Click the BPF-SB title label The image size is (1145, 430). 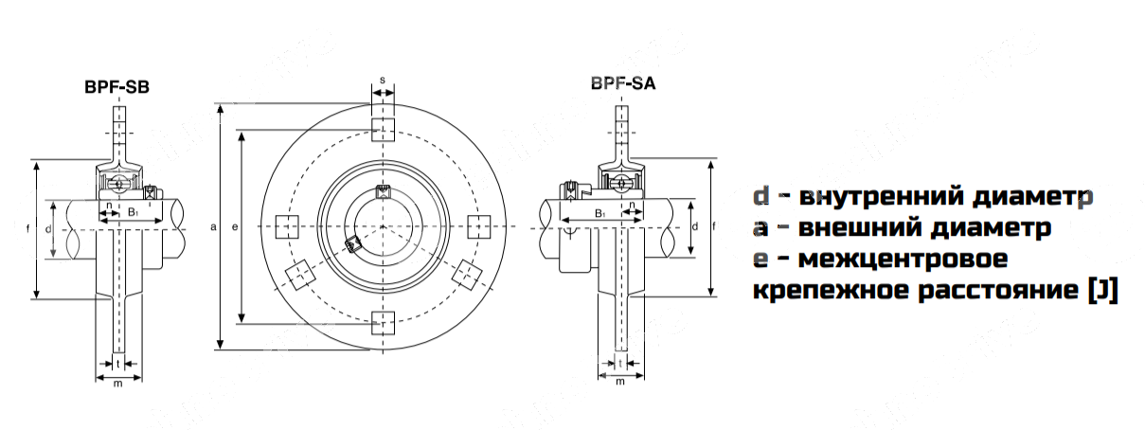point(117,88)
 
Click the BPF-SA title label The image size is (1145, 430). point(622,82)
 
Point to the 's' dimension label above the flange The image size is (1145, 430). point(382,81)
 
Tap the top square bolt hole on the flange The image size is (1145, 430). point(382,131)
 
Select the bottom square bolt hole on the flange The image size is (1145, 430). point(382,322)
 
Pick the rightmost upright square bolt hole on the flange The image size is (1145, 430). point(478,226)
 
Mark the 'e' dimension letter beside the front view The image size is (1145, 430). point(233,227)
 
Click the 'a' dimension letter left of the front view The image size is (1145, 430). point(214,227)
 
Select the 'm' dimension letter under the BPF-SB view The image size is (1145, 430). point(117,383)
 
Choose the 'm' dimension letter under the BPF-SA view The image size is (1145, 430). point(619,383)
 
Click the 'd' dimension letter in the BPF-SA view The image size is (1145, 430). point(696,227)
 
